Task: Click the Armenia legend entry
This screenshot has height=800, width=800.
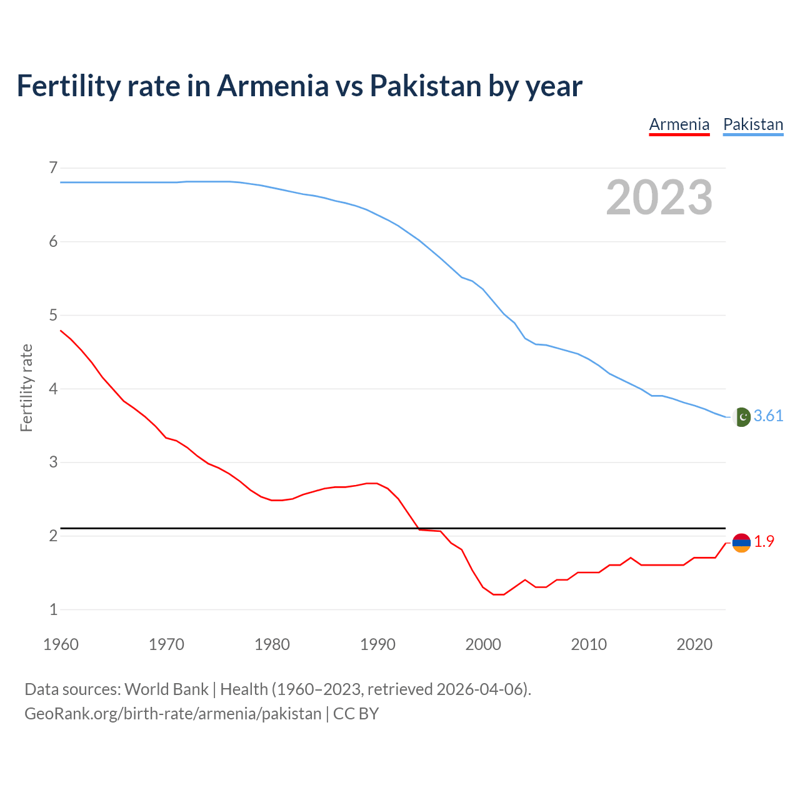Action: coord(679,124)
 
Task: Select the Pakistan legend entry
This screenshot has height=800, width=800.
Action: coord(753,124)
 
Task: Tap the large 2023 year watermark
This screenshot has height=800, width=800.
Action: coord(659,197)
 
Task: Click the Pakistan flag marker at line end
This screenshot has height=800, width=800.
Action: coord(741,417)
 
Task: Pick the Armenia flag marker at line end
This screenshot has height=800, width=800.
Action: coord(741,542)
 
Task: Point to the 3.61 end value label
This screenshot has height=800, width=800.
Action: coord(768,416)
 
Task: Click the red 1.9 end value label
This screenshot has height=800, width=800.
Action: coord(764,542)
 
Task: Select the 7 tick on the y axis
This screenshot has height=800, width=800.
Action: coord(53,167)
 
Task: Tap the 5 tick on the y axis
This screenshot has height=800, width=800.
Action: coord(53,315)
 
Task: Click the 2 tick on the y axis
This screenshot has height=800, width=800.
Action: coord(53,536)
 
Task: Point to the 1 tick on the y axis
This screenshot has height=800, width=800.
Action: coord(53,609)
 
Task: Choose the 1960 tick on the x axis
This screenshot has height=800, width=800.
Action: coord(61,644)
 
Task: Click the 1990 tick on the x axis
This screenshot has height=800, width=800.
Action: coord(377,644)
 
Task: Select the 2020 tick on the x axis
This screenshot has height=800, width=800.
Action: coord(694,644)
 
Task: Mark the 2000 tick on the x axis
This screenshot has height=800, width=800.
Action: coord(483,644)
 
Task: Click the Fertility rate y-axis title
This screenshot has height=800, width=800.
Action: coord(26,387)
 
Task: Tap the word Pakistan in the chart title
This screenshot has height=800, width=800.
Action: coord(425,86)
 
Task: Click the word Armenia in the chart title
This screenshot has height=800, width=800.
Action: coord(272,86)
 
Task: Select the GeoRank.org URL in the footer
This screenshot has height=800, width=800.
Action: coord(172,714)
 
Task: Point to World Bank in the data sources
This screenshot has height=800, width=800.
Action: coord(166,689)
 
